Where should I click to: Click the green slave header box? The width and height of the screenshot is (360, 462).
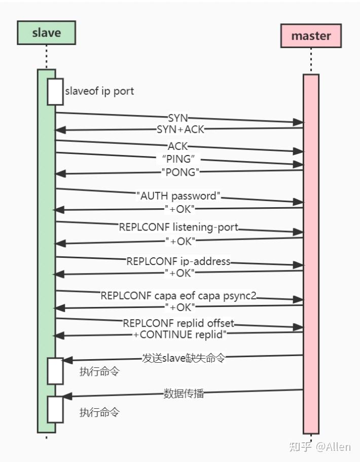tap(46, 32)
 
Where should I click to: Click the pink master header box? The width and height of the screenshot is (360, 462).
tap(311, 36)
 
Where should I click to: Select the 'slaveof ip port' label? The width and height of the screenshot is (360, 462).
tap(99, 92)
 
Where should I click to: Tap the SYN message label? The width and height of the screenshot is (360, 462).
tap(177, 118)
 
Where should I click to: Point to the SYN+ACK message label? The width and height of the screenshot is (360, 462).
tap(180, 129)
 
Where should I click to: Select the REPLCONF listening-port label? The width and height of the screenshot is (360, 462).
tap(178, 227)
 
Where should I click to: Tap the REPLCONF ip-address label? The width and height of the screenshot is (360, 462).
tap(178, 261)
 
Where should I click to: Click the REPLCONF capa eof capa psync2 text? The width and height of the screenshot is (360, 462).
tap(178, 295)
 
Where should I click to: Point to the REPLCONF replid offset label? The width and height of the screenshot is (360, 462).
tap(178, 323)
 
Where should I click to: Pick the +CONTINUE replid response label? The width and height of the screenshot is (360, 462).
tap(179, 334)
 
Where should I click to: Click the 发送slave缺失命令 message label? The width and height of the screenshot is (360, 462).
tap(183, 358)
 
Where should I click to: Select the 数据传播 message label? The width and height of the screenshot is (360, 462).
tap(184, 393)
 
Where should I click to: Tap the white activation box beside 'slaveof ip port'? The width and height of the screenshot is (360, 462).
tap(55, 92)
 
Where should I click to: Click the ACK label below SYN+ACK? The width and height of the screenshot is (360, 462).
tap(177, 146)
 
